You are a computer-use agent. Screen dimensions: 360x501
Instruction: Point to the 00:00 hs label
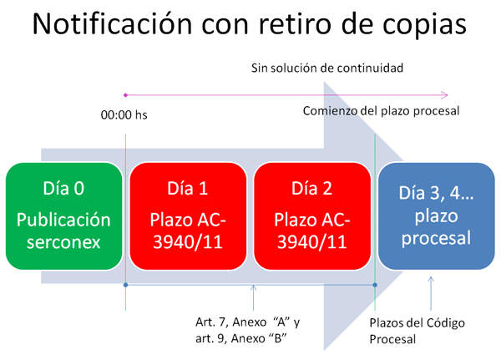tap(119, 132)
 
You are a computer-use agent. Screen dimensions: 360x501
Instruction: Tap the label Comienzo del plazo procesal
tap(381, 111)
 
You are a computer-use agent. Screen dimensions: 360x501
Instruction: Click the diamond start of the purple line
tap(125, 94)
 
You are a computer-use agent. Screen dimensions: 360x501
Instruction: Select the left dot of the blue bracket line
tap(125, 285)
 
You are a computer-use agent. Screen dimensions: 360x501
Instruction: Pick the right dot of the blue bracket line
tap(375, 285)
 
